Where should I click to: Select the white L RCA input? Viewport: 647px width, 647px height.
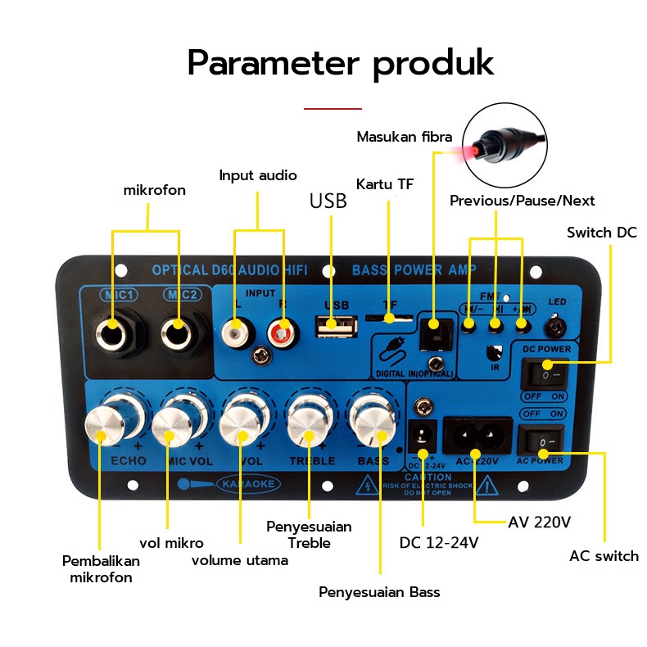[x=235, y=331]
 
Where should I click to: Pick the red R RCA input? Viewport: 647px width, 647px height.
[x=279, y=331]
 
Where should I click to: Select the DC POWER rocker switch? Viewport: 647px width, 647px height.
[x=542, y=373]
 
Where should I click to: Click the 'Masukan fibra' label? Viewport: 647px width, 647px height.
[x=404, y=137]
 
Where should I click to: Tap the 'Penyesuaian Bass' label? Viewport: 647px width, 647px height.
[x=379, y=592]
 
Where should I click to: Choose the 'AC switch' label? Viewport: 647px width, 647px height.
[x=604, y=556]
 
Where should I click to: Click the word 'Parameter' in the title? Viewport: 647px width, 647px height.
[x=271, y=62]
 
